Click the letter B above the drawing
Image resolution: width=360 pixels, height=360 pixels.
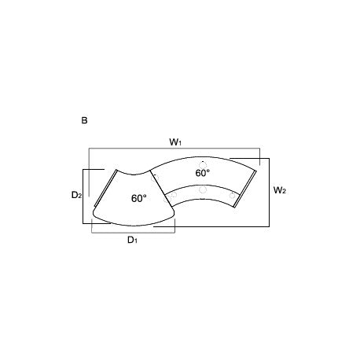click(83, 121)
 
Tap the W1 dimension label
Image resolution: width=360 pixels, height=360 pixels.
click(175, 141)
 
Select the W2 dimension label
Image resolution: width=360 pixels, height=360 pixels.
click(279, 189)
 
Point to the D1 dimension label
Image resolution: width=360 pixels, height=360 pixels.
click(134, 240)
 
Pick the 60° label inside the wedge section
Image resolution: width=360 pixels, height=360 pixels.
click(138, 198)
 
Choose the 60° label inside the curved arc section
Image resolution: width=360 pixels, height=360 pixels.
click(202, 172)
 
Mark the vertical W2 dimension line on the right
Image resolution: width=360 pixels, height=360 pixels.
click(269, 193)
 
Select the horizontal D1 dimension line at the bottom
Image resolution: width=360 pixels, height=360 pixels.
click(134, 232)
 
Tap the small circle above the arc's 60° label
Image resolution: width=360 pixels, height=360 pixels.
click(203, 160)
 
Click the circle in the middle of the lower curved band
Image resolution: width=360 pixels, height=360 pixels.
click(202, 189)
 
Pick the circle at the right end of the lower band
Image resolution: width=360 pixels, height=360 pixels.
click(233, 194)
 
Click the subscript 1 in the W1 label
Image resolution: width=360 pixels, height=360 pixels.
click(180, 143)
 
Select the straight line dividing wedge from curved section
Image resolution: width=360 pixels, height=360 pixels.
click(161, 193)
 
